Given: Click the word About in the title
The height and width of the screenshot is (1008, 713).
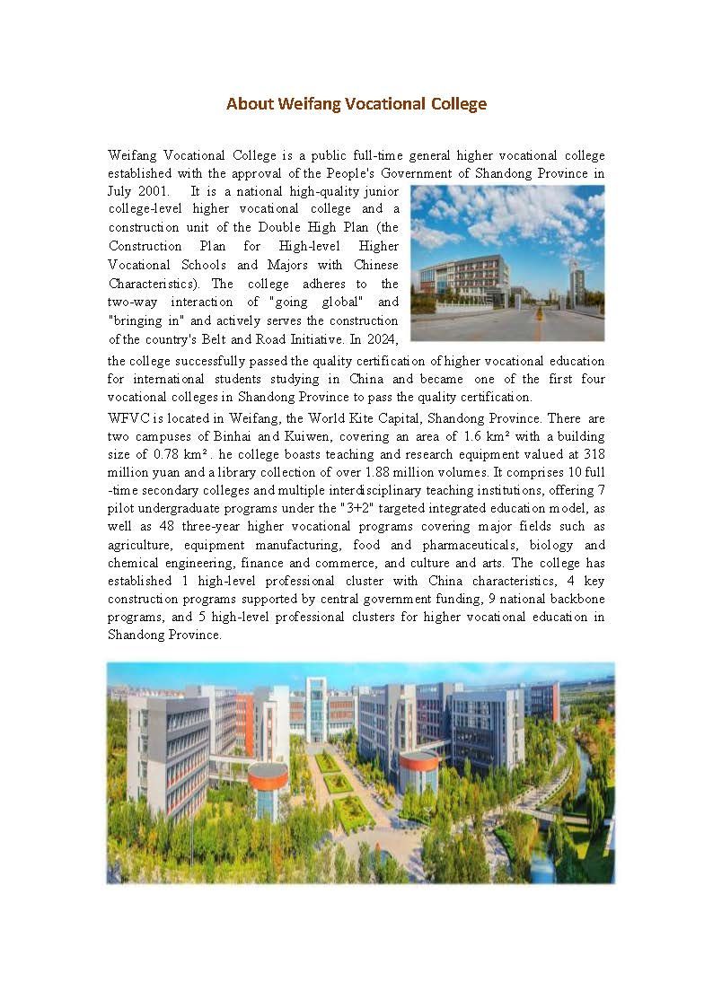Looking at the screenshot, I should [247, 104].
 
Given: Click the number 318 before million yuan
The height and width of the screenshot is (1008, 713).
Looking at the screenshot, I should [594, 455].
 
